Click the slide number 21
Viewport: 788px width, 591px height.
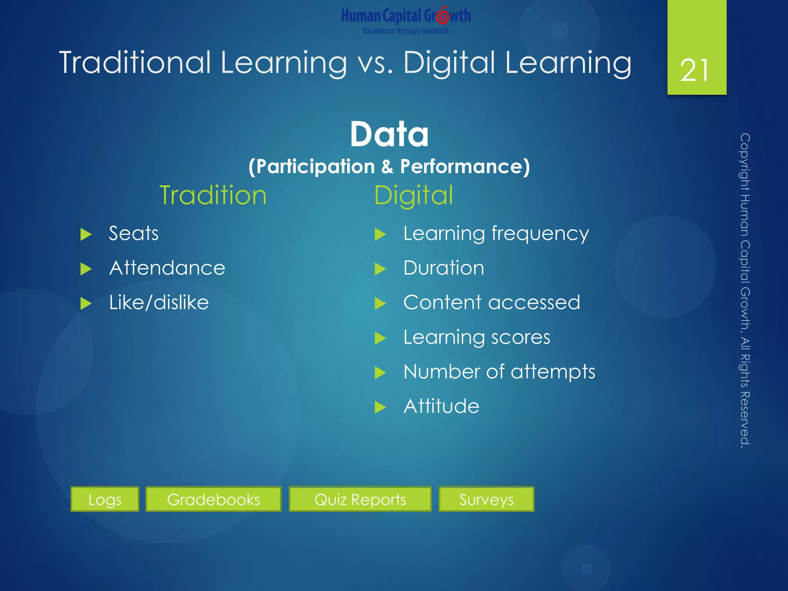pos(695,70)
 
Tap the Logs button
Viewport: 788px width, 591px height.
pos(105,499)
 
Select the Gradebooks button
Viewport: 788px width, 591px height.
pos(214,499)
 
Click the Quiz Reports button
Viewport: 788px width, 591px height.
pos(360,499)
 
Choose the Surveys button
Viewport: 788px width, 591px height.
pos(486,499)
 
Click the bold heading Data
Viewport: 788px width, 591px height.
pos(389,134)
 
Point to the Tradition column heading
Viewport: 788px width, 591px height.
pos(213,195)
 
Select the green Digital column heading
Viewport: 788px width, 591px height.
pos(414,195)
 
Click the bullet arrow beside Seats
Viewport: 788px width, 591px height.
pos(86,234)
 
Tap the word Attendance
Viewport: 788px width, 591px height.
pos(167,268)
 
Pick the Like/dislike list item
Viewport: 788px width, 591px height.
pos(159,302)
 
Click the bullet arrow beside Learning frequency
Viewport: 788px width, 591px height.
pos(380,234)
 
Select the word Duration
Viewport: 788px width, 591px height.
pos(444,268)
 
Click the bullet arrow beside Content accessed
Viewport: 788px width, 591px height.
pos(380,304)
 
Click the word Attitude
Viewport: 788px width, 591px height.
pos(441,406)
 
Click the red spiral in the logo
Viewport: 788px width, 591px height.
pos(443,16)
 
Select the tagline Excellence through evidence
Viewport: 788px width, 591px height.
pos(406,31)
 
